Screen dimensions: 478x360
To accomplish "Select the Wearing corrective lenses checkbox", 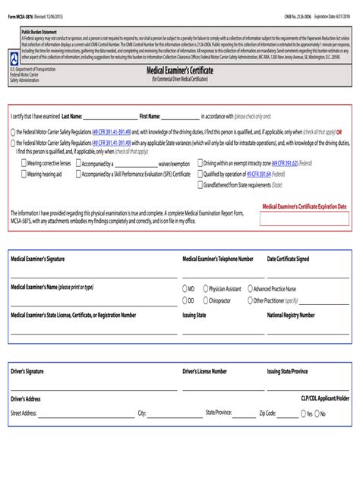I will (x=23, y=162).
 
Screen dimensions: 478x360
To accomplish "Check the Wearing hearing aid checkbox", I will (x=23, y=174).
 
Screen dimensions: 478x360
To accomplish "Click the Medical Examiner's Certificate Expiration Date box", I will (x=304, y=219).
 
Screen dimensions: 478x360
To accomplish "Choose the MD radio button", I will (x=185, y=289).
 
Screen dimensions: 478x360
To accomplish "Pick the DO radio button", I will (x=185, y=300).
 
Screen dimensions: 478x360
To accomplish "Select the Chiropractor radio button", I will (x=204, y=300).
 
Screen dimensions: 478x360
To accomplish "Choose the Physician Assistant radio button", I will (x=204, y=289).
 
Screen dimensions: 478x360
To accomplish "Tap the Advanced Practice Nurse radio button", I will (x=248, y=289).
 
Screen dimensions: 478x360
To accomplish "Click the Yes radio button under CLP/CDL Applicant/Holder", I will (x=302, y=414).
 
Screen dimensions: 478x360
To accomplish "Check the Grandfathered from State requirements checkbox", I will (x=200, y=184).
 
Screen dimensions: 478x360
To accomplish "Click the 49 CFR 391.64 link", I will (x=258, y=174).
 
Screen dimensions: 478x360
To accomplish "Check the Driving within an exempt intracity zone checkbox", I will (x=200, y=162).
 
